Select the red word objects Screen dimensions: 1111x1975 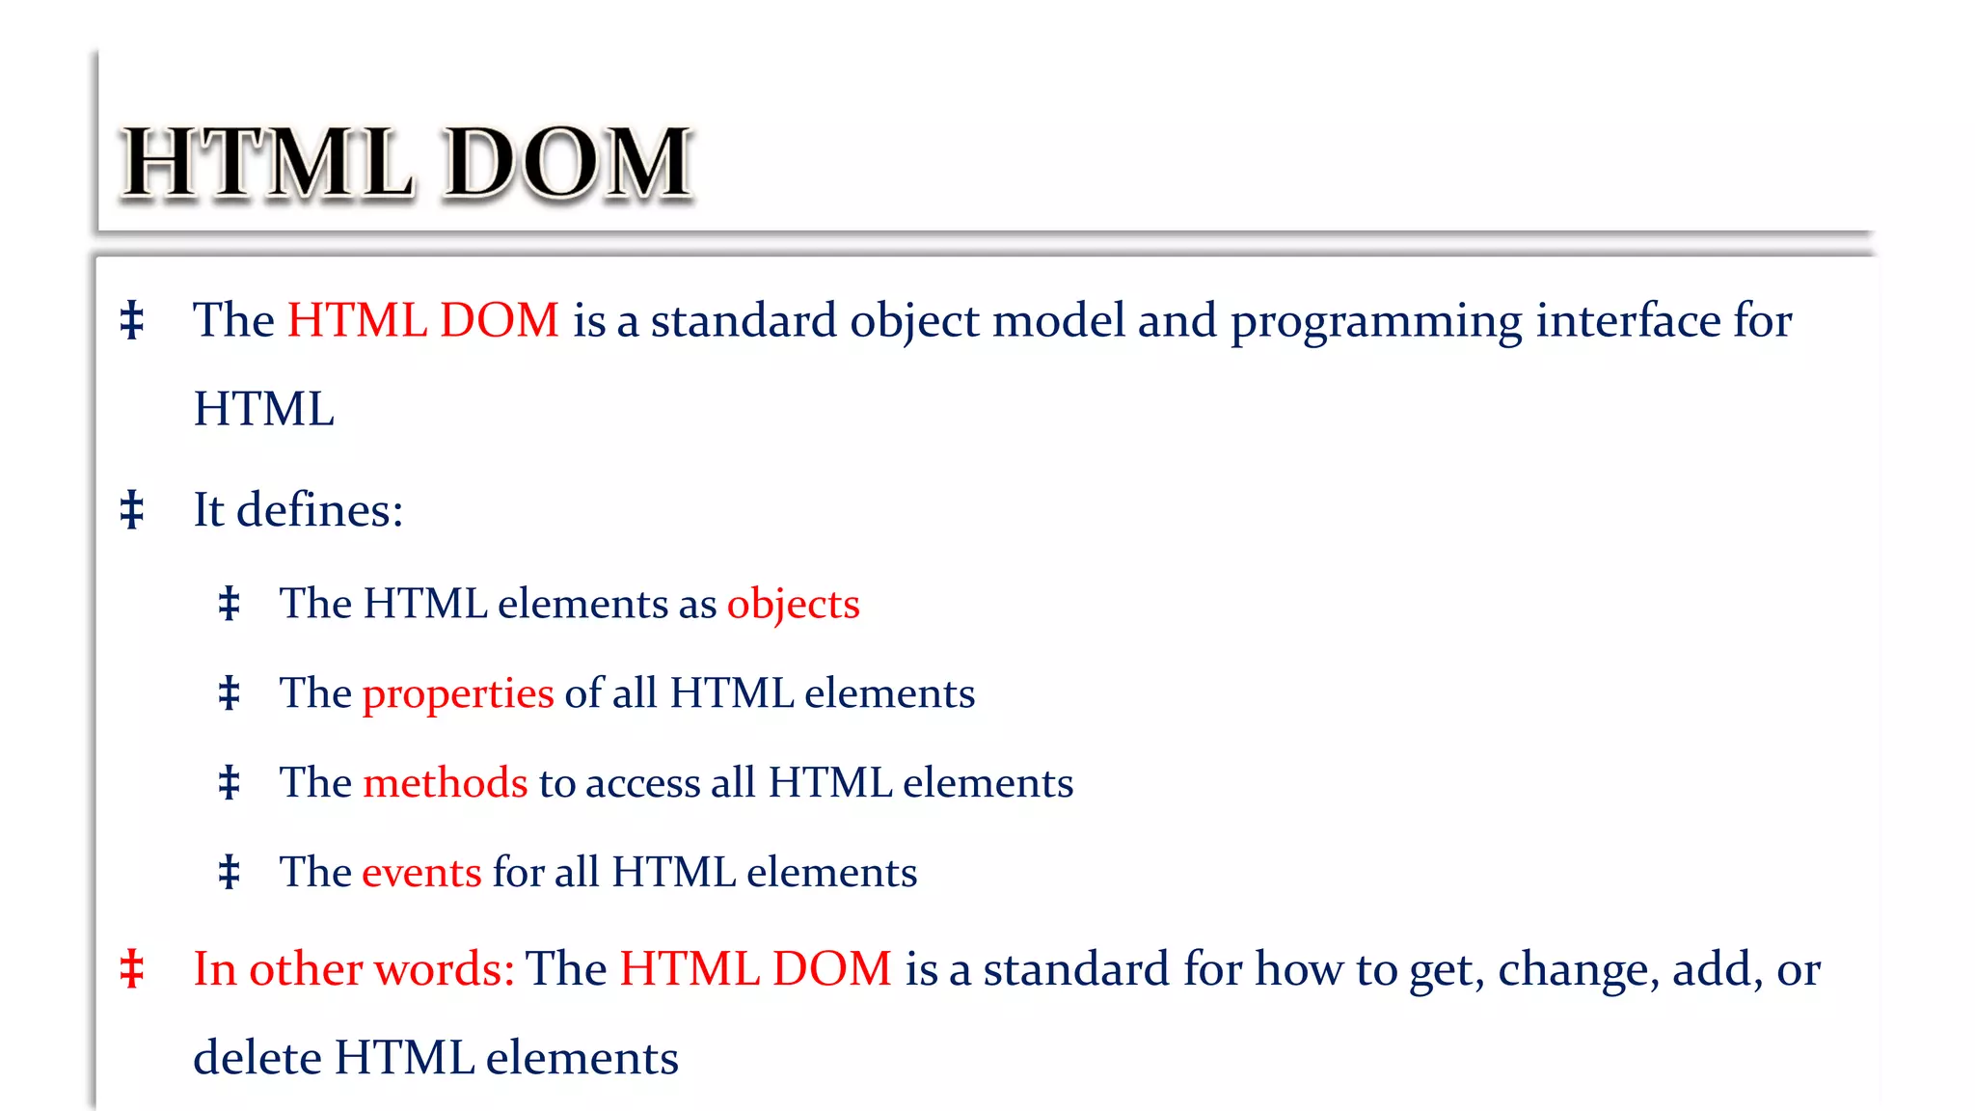793,605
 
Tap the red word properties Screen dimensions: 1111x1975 457,694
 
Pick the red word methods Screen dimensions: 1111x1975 445,783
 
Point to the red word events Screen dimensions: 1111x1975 421,873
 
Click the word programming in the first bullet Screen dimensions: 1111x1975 1376,322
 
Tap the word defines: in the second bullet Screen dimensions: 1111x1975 319,509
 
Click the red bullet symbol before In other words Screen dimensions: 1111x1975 132,969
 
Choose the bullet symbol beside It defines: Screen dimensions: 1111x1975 132,509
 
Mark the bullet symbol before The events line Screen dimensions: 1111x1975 229,872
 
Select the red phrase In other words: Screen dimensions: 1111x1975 354,969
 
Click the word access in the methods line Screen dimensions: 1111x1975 642,783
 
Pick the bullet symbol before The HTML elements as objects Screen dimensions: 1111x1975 229,604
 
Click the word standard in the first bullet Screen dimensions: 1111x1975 744,320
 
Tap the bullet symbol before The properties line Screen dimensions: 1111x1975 229,693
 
